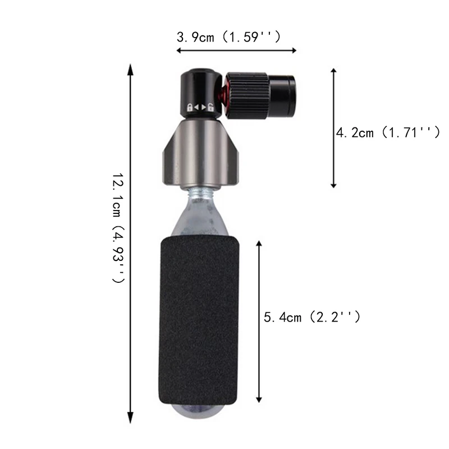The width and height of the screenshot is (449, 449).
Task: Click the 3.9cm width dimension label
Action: click(x=228, y=38)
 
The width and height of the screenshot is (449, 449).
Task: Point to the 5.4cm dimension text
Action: click(x=312, y=317)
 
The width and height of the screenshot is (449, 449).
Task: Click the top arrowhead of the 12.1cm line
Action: click(x=131, y=68)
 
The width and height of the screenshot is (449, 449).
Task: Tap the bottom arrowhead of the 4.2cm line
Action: click(x=333, y=185)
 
